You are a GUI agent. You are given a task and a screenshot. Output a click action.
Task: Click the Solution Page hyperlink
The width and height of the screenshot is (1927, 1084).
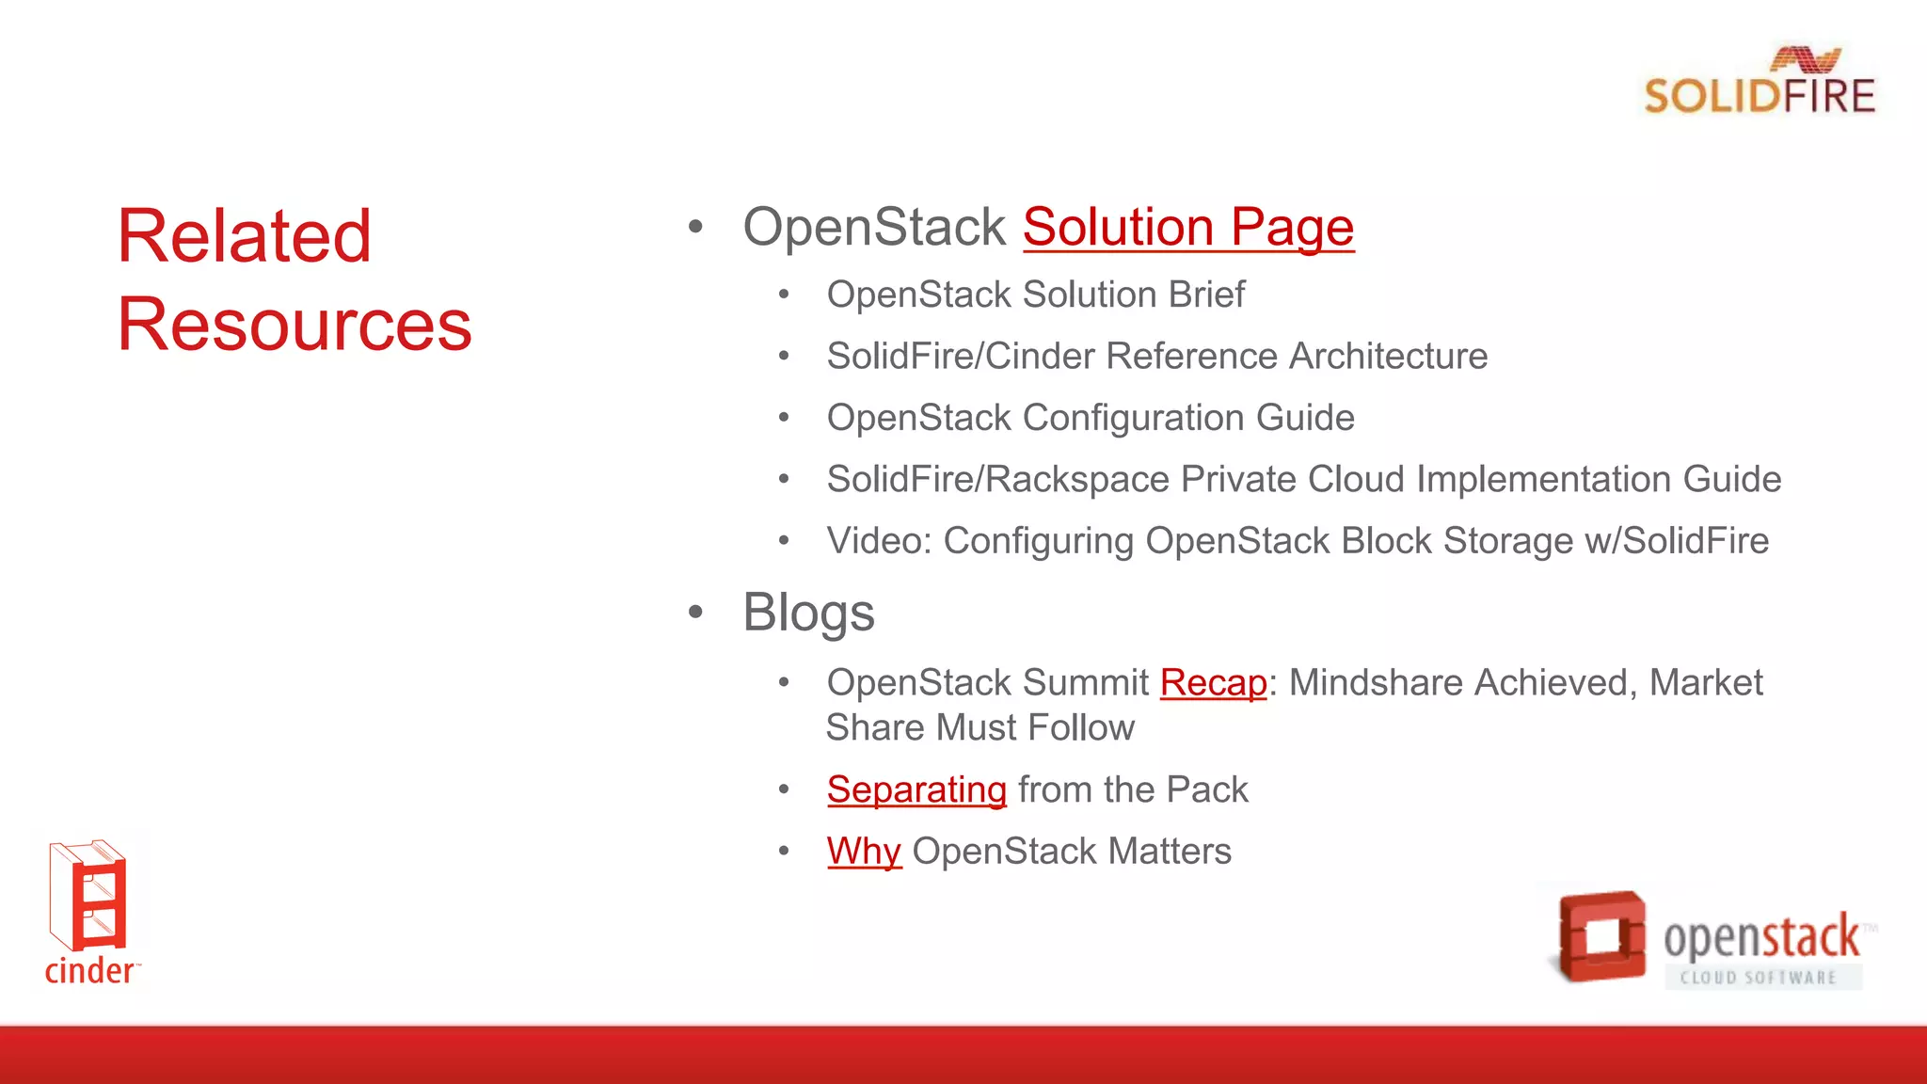pyautogui.click(x=1187, y=228)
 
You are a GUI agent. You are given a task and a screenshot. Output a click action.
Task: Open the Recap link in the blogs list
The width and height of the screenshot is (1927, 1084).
pyautogui.click(x=1213, y=682)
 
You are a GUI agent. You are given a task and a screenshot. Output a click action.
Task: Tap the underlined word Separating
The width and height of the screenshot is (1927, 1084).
pyautogui.click(x=916, y=789)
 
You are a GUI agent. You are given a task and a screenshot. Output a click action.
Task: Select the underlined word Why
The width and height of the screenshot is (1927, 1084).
pyautogui.click(x=864, y=851)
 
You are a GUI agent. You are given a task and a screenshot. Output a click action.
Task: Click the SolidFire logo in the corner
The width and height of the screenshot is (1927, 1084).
pyautogui.click(x=1759, y=83)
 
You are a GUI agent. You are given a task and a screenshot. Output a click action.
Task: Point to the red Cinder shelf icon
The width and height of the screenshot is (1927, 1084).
pyautogui.click(x=88, y=895)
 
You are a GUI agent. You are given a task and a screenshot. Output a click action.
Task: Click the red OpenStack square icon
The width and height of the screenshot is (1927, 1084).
pyautogui.click(x=1601, y=935)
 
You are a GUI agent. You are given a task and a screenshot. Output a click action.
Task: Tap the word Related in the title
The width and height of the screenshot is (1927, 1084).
pyautogui.click(x=244, y=236)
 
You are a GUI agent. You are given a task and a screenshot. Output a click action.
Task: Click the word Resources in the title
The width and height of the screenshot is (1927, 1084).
pyautogui.click(x=294, y=325)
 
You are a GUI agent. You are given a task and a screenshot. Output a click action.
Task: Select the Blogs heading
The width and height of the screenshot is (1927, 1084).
pyautogui.click(x=808, y=613)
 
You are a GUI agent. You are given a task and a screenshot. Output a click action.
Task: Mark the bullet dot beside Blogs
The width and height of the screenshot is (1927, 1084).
pyautogui.click(x=695, y=613)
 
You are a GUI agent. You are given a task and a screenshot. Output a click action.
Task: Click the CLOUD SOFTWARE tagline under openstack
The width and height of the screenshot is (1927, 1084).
pyautogui.click(x=1758, y=977)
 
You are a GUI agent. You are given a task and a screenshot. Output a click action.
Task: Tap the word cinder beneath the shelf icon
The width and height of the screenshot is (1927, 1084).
pyautogui.click(x=89, y=970)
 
